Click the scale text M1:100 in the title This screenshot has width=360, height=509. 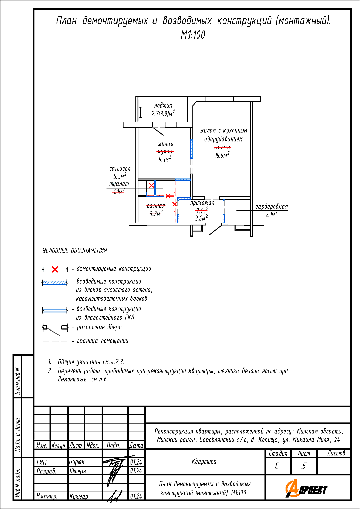[193, 35]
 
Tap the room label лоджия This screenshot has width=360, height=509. [163, 106]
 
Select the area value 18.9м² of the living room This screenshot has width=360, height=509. [222, 155]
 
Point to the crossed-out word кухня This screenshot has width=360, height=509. [165, 152]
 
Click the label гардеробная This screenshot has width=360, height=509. [272, 207]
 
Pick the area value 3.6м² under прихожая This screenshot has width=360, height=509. [201, 218]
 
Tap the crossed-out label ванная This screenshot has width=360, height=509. [156, 206]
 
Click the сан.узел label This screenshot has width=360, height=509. [120, 169]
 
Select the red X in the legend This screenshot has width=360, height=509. [55, 269]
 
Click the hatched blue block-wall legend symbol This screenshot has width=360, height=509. [55, 283]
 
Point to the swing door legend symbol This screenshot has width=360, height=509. [55, 330]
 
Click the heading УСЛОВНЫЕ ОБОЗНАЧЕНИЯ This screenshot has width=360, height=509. [75, 251]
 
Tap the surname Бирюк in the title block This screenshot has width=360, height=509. [77, 462]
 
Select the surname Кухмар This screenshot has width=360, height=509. [79, 496]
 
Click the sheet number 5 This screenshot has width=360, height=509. [304, 466]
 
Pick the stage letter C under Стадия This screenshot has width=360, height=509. [277, 466]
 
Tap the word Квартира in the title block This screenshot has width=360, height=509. [204, 461]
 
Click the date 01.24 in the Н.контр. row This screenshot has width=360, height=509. [136, 496]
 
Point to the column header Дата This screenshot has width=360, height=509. [136, 445]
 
